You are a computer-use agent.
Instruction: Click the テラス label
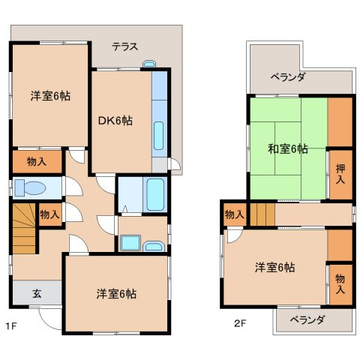point(124,46)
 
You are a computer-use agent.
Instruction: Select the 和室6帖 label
point(288,148)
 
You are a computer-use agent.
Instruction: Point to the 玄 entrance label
point(36,294)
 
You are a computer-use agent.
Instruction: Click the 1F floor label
point(10,325)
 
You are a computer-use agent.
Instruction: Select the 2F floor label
point(238,325)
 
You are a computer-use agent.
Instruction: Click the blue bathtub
point(155,195)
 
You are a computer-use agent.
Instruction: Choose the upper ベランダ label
point(288,77)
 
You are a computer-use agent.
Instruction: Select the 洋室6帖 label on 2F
point(274,268)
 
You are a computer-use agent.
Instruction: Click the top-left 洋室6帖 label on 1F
point(50,96)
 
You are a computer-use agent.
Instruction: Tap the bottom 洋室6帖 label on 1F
point(115,293)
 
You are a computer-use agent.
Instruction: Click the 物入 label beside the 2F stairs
point(235,215)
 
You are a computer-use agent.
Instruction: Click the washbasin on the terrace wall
point(148,66)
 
